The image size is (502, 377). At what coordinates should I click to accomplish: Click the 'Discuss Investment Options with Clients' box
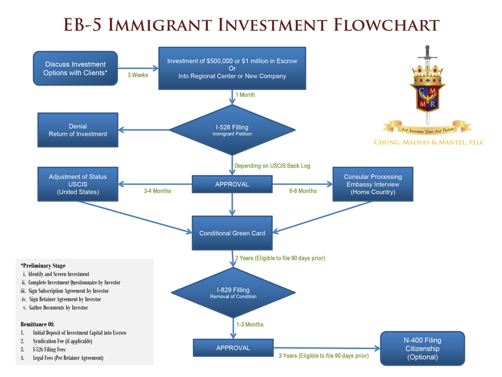[x=75, y=69]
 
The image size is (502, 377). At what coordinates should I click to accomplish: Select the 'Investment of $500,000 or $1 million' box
[x=232, y=69]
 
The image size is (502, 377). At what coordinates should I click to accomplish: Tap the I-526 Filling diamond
[x=233, y=129]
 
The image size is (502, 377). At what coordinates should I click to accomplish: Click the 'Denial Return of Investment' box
[x=77, y=130]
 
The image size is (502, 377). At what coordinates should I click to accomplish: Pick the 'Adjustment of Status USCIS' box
[x=77, y=184]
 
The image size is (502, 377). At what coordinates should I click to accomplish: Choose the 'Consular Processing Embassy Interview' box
[x=373, y=184]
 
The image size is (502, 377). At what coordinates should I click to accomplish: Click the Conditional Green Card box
[x=232, y=233]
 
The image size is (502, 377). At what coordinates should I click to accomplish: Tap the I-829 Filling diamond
[x=233, y=292]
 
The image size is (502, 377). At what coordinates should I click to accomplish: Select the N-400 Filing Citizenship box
[x=422, y=348]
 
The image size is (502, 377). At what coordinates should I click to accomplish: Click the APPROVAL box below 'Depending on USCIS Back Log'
[x=232, y=184]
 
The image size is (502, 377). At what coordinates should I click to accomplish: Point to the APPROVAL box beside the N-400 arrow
[x=233, y=347]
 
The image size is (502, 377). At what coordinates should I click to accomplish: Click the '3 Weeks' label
[x=138, y=75]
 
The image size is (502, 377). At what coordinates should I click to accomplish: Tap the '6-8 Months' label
[x=303, y=191]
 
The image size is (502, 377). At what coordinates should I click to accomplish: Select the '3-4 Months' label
[x=157, y=191]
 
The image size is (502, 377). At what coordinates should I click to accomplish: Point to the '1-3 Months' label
[x=250, y=324]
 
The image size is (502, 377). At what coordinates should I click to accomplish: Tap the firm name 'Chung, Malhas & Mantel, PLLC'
[x=429, y=142]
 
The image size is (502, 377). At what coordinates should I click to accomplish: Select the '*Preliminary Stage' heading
[x=43, y=266]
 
